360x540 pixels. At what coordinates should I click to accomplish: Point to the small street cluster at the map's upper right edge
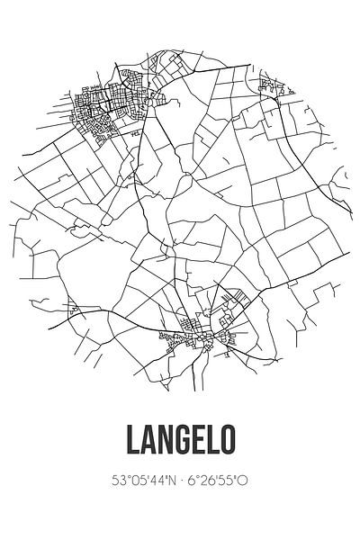[268, 87]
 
